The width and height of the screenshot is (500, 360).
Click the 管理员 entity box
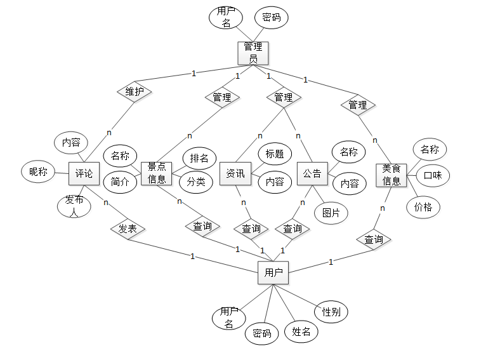click(253, 53)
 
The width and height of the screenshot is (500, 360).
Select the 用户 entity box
click(273, 274)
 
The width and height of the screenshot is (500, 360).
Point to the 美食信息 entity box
click(391, 175)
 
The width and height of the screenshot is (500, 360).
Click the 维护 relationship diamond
click(135, 91)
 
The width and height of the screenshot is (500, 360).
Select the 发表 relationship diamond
click(128, 229)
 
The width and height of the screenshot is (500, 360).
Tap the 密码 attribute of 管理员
click(271, 18)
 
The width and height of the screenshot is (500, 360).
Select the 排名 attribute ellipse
click(199, 158)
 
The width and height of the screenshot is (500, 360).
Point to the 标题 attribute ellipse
click(274, 153)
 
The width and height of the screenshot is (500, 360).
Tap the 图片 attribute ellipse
click(331, 213)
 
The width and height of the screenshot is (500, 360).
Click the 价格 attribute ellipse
click(423, 206)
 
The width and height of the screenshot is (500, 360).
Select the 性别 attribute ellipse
click(331, 312)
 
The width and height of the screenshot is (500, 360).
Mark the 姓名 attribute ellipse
click(301, 331)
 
